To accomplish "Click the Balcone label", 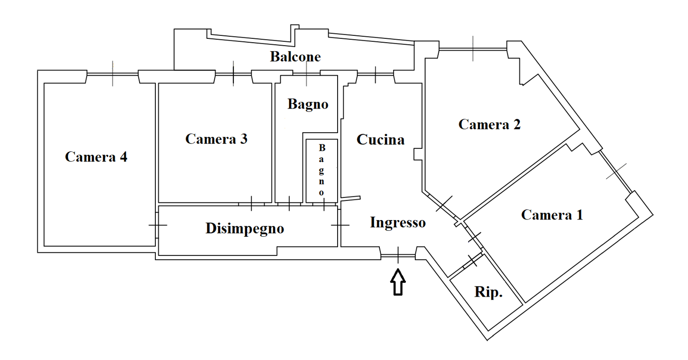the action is (x=295, y=56).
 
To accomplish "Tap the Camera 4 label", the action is (x=96, y=157).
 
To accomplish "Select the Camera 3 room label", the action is (x=216, y=138).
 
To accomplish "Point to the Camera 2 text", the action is (x=489, y=124).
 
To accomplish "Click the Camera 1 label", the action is (x=552, y=215).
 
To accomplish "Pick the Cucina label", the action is (x=380, y=139).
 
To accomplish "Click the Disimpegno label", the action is (x=245, y=229).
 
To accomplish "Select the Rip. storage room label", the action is (x=488, y=292).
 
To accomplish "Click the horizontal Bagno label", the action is (x=308, y=105).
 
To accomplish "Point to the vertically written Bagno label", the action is (x=321, y=170).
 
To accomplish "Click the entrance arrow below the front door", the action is (x=398, y=282).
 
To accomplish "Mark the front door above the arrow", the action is (x=398, y=255).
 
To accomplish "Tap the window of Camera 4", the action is (x=113, y=74).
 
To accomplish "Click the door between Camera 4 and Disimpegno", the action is (x=157, y=225).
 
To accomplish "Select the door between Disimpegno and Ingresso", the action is (x=340, y=225).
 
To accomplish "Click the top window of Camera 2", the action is (x=473, y=49).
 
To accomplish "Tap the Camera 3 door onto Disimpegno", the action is (x=251, y=203).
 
